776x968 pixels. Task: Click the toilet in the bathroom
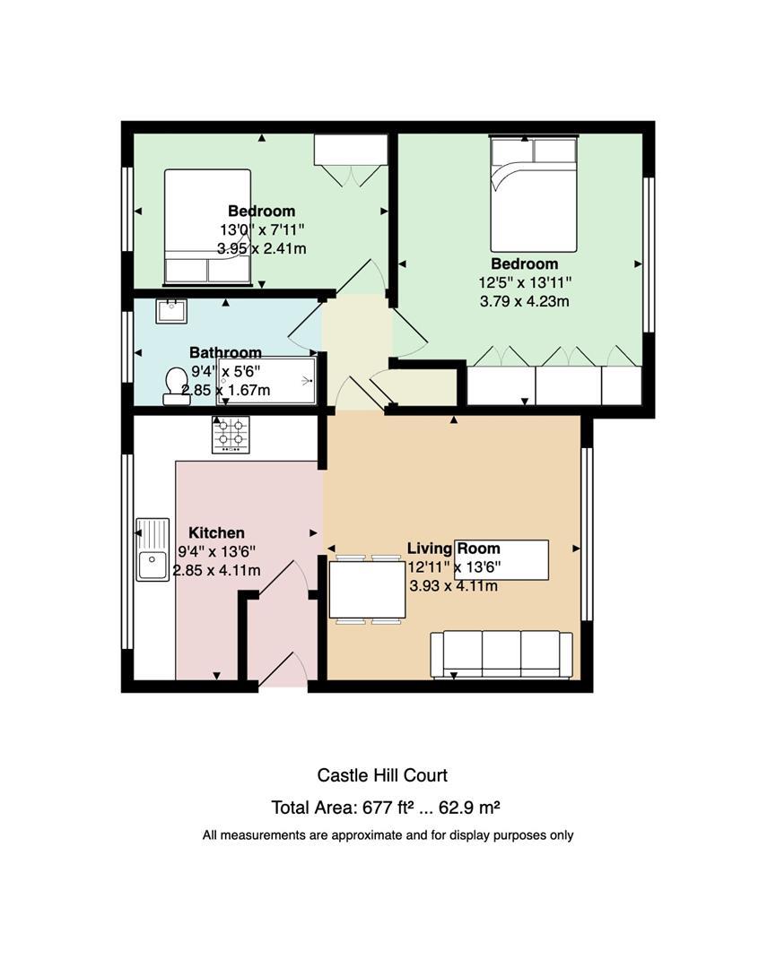[176, 386]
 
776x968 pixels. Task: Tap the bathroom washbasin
[171, 310]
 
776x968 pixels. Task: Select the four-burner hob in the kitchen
[231, 435]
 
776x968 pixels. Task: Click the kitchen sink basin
[152, 549]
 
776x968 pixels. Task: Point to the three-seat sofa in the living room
[501, 654]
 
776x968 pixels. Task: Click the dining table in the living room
[367, 590]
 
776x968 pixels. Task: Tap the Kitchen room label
[216, 532]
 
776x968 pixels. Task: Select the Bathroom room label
[225, 352]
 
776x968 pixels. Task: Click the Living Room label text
[454, 549]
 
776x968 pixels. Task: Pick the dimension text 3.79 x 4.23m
[525, 301]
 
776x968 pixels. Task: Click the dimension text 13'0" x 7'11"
[262, 229]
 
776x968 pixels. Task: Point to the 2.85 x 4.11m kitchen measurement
[216, 570]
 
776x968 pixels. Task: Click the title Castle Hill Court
[382, 775]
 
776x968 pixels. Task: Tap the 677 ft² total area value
[388, 807]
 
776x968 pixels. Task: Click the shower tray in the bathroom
[266, 380]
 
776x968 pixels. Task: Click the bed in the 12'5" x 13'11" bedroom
[534, 194]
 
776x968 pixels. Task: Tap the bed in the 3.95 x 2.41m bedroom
[207, 227]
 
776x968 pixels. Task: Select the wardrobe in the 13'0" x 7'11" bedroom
[351, 150]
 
